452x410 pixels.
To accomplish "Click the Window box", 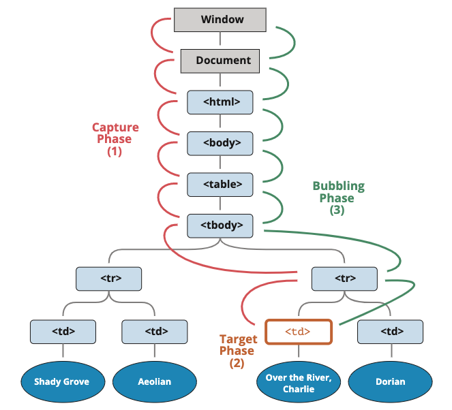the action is pyautogui.click(x=220, y=20).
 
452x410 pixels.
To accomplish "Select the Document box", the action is pyautogui.click(x=220, y=61).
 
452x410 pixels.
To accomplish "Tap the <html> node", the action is pyautogui.click(x=220, y=102).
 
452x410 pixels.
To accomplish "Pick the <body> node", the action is pyautogui.click(x=220, y=144).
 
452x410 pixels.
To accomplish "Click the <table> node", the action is pyautogui.click(x=220, y=185).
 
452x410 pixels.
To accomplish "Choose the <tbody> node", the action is pyautogui.click(x=220, y=225).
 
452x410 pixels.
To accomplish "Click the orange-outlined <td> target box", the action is pyautogui.click(x=299, y=332).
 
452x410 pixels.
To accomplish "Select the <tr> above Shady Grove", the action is pyautogui.click(x=108, y=279).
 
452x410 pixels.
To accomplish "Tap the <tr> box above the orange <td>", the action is pyautogui.click(x=344, y=279).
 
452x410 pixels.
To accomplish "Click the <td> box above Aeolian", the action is pyautogui.click(x=155, y=332).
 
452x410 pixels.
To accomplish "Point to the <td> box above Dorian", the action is pyautogui.click(x=391, y=332).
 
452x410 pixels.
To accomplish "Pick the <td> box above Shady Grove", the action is pyautogui.click(x=63, y=332).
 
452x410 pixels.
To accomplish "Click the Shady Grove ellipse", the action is pyautogui.click(x=63, y=382).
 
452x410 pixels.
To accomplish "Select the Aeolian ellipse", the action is pyautogui.click(x=155, y=382).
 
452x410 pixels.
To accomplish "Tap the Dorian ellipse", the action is pyautogui.click(x=391, y=382).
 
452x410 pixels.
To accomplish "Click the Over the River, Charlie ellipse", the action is pyautogui.click(x=299, y=382).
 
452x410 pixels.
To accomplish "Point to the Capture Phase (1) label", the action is pyautogui.click(x=115, y=140).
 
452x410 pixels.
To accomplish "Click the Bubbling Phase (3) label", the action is pyautogui.click(x=338, y=198).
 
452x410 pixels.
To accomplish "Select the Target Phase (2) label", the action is pyautogui.click(x=238, y=351).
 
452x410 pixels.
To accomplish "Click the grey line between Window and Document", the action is pyautogui.click(x=220, y=38).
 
